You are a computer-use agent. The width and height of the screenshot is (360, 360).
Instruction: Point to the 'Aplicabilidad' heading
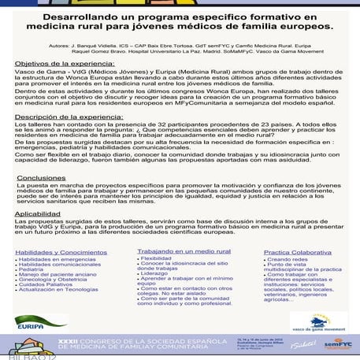tap(37, 213)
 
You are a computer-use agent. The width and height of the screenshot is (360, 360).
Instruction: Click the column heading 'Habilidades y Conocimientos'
tap(50, 252)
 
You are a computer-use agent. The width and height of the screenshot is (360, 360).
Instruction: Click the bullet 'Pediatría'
tap(31, 269)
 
